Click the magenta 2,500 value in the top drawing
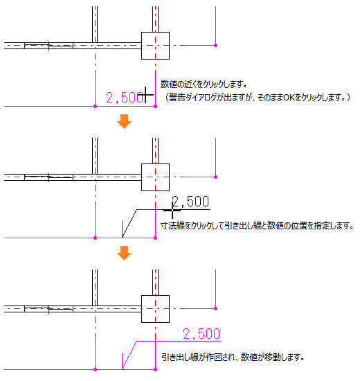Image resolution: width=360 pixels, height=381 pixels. click(125, 98)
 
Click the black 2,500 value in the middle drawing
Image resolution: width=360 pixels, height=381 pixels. click(190, 202)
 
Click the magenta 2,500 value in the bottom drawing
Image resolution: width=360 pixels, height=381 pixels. click(201, 334)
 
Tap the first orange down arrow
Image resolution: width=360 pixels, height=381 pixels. click(124, 121)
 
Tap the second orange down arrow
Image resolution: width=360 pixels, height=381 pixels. click(124, 253)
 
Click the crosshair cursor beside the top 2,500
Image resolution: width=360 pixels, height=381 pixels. click(145, 95)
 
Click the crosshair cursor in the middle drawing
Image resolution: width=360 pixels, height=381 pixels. click(172, 210)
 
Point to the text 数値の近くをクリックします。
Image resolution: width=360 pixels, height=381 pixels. click(204, 85)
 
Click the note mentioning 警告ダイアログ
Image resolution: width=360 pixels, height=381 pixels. click(258, 98)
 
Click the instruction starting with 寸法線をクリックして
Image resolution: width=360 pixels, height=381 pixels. click(257, 226)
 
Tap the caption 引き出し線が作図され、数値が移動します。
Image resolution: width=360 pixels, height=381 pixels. click(233, 357)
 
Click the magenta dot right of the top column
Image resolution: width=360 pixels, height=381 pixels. click(215, 46)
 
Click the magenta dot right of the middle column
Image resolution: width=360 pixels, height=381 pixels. click(215, 177)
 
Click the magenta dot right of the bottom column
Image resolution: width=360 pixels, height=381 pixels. click(215, 308)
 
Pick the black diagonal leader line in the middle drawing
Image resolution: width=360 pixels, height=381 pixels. click(129, 223)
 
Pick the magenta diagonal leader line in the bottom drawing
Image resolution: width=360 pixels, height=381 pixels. click(129, 355)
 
